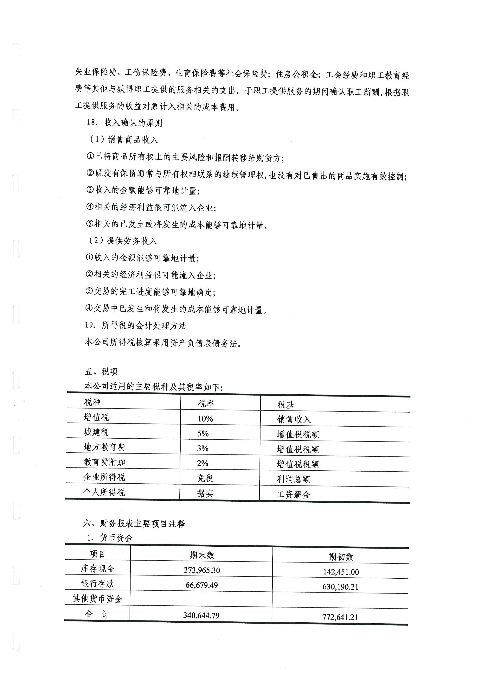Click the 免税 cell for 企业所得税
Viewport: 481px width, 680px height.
[205, 478]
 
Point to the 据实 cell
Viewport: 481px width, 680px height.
[205, 493]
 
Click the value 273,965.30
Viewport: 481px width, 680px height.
[202, 570]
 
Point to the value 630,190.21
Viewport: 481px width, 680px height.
[340, 587]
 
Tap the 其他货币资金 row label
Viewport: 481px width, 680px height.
[97, 599]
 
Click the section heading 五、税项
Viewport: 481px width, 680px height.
[101, 371]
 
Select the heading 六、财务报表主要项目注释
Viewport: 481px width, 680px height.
[134, 524]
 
